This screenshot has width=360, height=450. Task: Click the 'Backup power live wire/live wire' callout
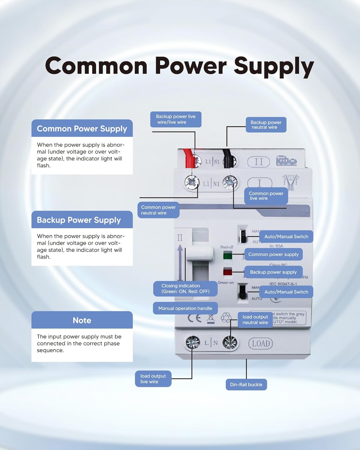[175, 119]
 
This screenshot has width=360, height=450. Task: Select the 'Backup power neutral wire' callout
[266, 125]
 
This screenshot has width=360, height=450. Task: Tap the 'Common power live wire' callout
[266, 196]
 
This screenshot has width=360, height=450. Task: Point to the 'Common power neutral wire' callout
[158, 210]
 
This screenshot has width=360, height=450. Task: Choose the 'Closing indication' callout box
[185, 289]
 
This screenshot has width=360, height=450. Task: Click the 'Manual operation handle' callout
[185, 308]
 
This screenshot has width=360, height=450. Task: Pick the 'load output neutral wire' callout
[255, 320]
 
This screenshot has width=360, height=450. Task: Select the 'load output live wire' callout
[153, 379]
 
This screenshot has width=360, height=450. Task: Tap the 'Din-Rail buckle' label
[246, 385]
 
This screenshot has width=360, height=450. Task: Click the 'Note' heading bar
[82, 320]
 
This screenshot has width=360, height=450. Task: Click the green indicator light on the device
[228, 256]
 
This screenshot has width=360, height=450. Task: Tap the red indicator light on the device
[228, 272]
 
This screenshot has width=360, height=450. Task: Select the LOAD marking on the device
[260, 343]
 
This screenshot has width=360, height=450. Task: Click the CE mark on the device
[194, 318]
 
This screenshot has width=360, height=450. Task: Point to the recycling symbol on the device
[226, 317]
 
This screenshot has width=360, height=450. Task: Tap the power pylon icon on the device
[290, 181]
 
